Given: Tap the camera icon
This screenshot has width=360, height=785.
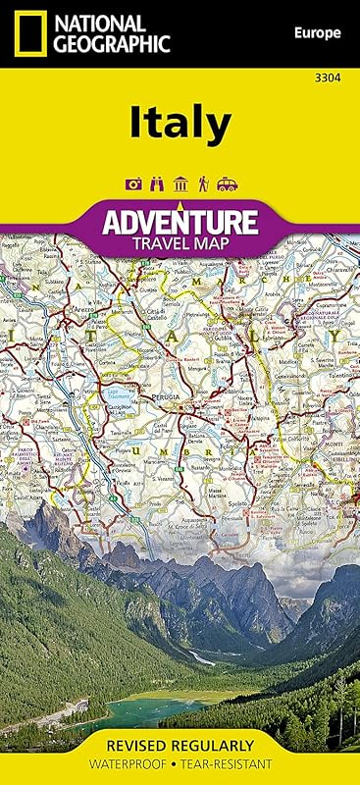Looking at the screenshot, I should [x=133, y=183].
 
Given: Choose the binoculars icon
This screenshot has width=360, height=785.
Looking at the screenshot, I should [x=157, y=183].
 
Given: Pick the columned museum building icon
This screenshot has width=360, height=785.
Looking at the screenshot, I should [x=180, y=183].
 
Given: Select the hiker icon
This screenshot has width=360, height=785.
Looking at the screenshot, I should [x=203, y=183].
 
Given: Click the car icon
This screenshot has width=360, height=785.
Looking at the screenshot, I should [x=227, y=183].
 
